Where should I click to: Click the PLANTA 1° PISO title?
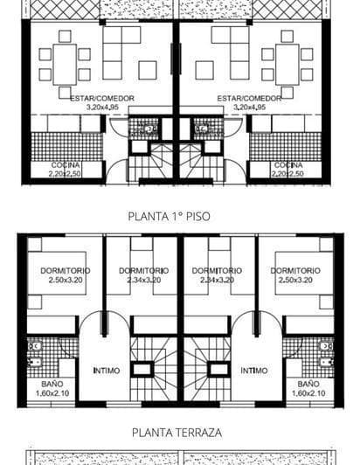(x=169, y=214)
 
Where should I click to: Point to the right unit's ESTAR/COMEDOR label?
(x=249, y=99)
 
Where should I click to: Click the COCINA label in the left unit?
(x=66, y=165)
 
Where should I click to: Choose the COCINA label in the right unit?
(x=288, y=165)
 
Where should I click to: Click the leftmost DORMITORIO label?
(x=65, y=271)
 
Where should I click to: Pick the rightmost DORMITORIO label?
(x=297, y=271)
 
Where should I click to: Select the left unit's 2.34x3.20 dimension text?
(x=142, y=281)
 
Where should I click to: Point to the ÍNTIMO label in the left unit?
(x=107, y=371)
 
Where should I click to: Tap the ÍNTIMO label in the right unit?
(x=254, y=371)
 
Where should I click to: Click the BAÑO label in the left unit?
(x=52, y=384)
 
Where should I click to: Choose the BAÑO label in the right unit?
(x=308, y=384)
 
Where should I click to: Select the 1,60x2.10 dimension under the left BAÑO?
(x=52, y=393)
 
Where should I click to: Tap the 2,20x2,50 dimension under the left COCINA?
(x=66, y=174)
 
